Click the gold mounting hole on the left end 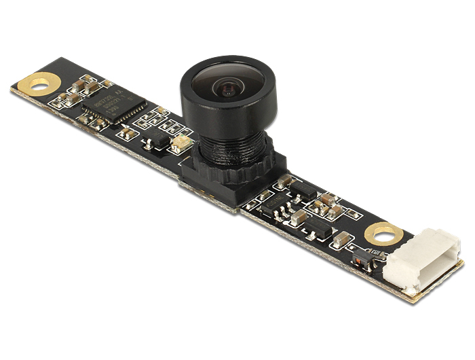coord(40,84)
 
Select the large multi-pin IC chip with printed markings coord(115,107)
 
